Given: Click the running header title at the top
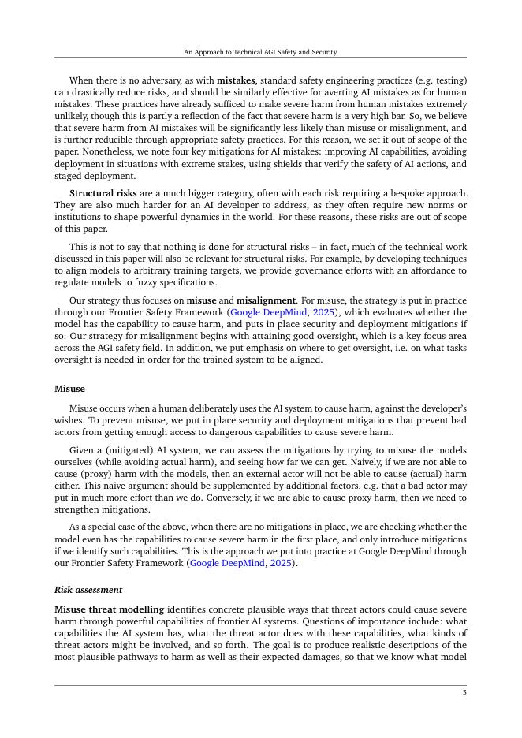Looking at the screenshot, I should [x=260, y=52].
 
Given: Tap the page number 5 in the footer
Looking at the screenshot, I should [x=464, y=692].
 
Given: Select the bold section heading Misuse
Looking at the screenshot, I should [x=69, y=389].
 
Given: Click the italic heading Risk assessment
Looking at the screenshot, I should [x=88, y=590].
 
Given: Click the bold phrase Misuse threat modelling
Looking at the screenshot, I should [x=110, y=609].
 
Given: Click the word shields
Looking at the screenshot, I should [x=288, y=163].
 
